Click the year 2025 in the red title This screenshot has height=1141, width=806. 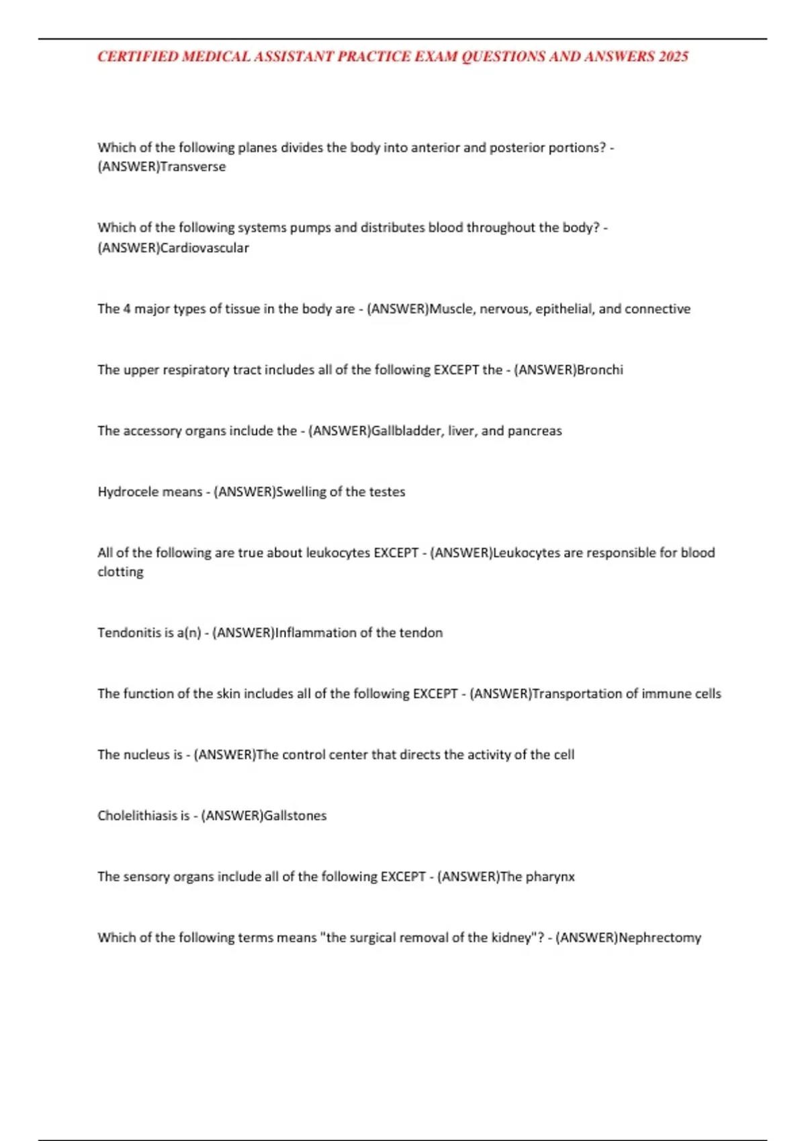point(673,56)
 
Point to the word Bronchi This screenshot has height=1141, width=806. point(600,370)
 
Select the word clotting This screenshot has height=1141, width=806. point(120,572)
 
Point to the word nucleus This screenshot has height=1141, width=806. point(146,755)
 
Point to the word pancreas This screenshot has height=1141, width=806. point(535,431)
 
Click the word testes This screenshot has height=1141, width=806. point(387,492)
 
